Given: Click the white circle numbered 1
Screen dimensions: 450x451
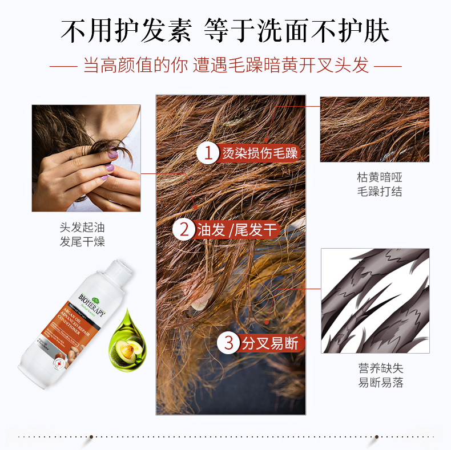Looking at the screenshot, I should click(x=208, y=152).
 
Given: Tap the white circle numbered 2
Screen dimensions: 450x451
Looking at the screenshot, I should click(x=184, y=230).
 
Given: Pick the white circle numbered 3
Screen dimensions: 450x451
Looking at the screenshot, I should click(x=228, y=343).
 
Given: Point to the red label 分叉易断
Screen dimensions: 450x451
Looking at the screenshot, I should click(x=270, y=343).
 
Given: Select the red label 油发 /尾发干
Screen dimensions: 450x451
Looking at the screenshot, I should click(x=236, y=230).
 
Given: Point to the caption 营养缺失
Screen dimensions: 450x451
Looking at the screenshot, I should click(x=380, y=368).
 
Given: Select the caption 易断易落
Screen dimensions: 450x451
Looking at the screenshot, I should click(x=380, y=383).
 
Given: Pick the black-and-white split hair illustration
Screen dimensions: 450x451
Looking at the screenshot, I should click(x=375, y=300).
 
